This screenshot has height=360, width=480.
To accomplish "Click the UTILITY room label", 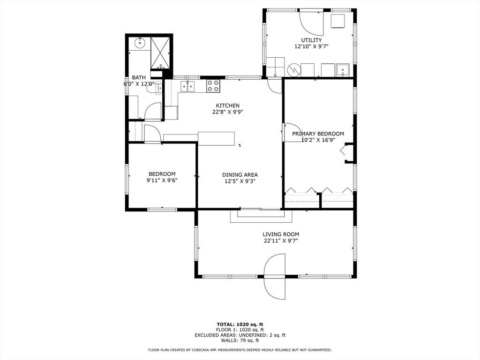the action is pos(311,40).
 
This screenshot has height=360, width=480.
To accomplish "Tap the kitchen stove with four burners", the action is pos(213,86).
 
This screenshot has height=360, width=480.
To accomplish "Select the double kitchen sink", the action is pos(187,86).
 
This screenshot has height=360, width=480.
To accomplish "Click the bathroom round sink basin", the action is pos(140,43).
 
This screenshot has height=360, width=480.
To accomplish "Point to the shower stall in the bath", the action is pos(160,53).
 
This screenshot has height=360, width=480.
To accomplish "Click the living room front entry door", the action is pos(275,277).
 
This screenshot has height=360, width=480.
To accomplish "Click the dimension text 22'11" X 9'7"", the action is pos(281,241).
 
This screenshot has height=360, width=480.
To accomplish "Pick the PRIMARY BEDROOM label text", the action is pos(318,134).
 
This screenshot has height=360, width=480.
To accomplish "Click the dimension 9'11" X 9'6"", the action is pos(162,180).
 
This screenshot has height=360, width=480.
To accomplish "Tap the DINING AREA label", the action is pos(240,175).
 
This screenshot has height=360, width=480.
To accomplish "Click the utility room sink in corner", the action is pos(343,70).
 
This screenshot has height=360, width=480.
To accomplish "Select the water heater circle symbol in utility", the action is pos(294,70).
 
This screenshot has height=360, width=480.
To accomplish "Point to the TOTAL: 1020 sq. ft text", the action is pos(240,324).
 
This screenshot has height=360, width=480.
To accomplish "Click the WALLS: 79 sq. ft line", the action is pos(240,340).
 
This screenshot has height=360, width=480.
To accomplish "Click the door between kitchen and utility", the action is pos(274,86).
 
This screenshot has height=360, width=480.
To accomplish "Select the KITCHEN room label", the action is pos(228,105).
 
